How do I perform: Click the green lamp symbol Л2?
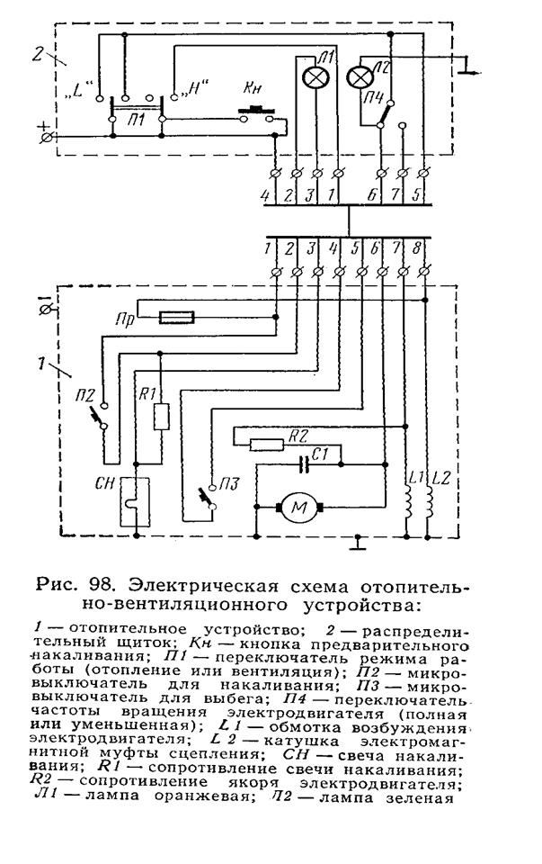coord(359,77)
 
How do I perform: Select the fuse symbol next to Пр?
coord(176,317)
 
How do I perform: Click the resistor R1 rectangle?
coord(161,417)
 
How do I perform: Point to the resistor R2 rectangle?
coord(267,444)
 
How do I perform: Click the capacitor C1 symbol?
coord(303,464)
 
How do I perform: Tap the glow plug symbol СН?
coord(135,501)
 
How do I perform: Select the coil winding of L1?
coord(408,501)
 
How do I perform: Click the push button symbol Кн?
coord(256,113)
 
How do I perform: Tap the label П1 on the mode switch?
coord(136,119)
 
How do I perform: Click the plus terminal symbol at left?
coord(48,134)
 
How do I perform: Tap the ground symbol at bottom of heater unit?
coord(359,543)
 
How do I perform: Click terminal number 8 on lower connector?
coord(416,248)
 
